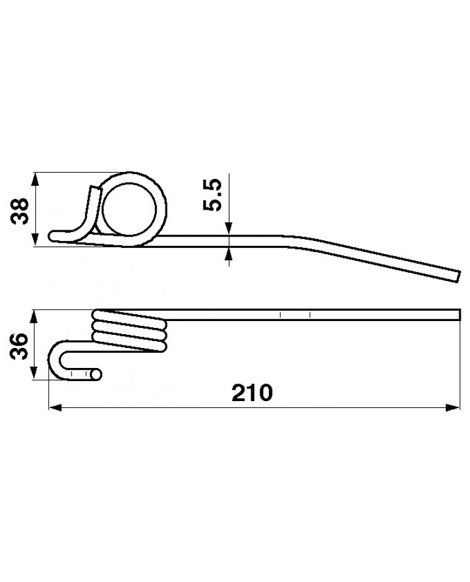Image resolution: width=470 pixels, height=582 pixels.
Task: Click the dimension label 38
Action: pyautogui.click(x=19, y=211)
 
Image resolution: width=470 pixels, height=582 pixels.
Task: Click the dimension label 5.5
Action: pyautogui.click(x=212, y=195)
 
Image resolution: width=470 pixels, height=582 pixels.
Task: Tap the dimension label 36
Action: pyautogui.click(x=19, y=346)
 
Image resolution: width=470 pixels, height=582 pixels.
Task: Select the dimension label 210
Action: pyautogui.click(x=253, y=393)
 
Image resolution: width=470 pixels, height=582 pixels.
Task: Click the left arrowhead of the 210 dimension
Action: pyautogui.click(x=55, y=408)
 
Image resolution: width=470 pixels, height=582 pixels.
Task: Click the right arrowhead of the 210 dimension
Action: pyautogui.click(x=453, y=407)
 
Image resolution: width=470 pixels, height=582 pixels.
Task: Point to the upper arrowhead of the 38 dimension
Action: pyautogui.click(x=35, y=180)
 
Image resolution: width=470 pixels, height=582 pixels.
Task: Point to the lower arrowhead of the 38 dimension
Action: pyautogui.click(x=35, y=239)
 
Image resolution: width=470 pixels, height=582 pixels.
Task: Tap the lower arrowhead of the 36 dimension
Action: pyautogui.click(x=34, y=372)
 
